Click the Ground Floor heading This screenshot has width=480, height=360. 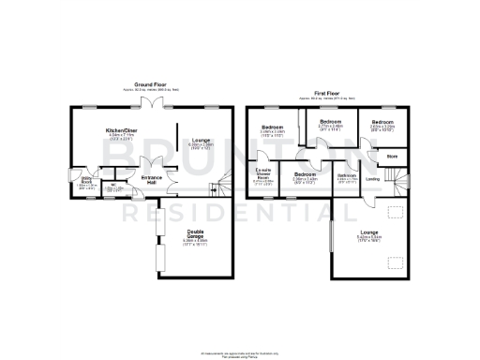143,83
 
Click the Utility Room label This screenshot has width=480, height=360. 84,180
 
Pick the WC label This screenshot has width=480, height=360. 112,184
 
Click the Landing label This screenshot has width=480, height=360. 372,178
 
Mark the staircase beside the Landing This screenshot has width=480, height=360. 402,180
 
